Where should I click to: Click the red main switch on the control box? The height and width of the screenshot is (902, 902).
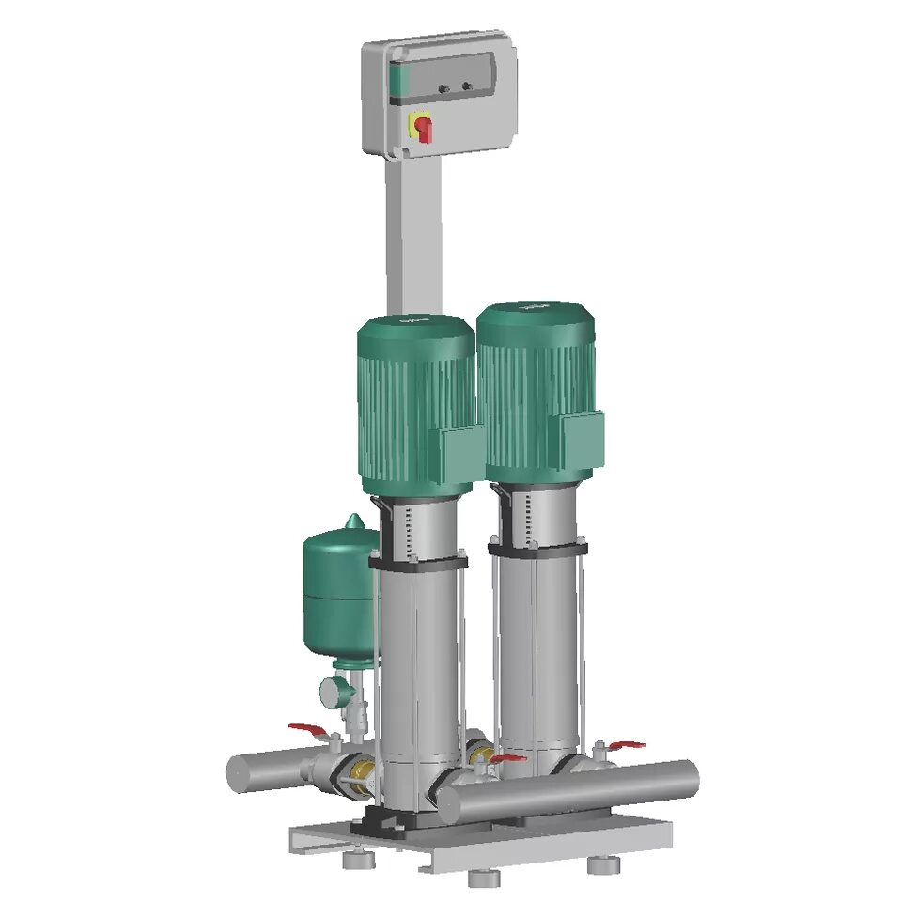(x=424, y=128)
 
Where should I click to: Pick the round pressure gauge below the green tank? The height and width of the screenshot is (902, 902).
(x=333, y=692)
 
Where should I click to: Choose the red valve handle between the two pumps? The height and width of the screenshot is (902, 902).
(x=507, y=757)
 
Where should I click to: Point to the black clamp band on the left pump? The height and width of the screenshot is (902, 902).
(x=418, y=562)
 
